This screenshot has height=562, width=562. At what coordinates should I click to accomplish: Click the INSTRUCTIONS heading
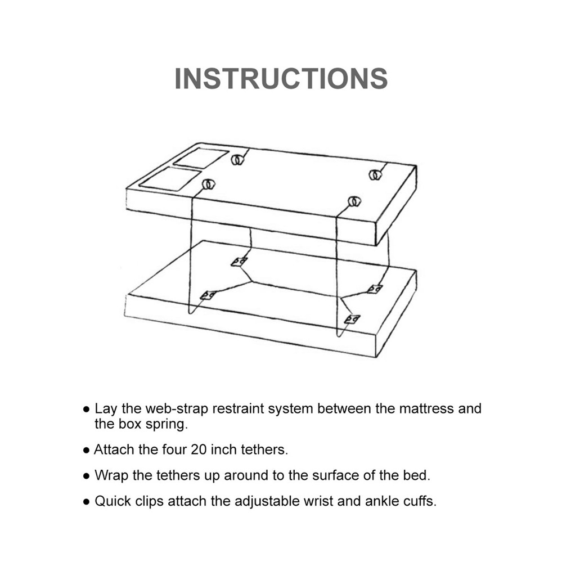281,78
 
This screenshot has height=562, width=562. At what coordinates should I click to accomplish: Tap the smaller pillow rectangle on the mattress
201,158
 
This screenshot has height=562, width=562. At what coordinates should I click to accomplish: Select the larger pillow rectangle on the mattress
170,179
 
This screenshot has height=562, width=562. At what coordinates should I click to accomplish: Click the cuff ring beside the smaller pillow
236,160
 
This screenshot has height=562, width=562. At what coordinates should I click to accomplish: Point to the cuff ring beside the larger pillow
208,184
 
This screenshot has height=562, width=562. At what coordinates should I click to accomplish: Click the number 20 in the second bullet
198,449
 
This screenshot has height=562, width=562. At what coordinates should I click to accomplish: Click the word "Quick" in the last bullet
113,501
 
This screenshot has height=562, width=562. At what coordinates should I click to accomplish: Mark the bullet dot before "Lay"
86,409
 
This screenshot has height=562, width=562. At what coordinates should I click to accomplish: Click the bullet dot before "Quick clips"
86,502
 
